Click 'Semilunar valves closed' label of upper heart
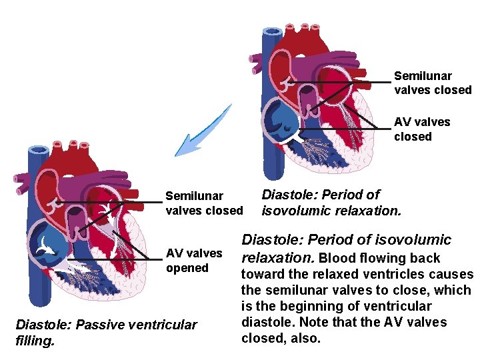(x=433, y=83)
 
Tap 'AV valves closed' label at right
(x=422, y=129)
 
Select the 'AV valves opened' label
(x=194, y=261)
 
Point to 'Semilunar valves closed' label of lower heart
(x=204, y=203)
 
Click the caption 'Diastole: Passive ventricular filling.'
(x=106, y=332)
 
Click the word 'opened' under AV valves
(x=187, y=268)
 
